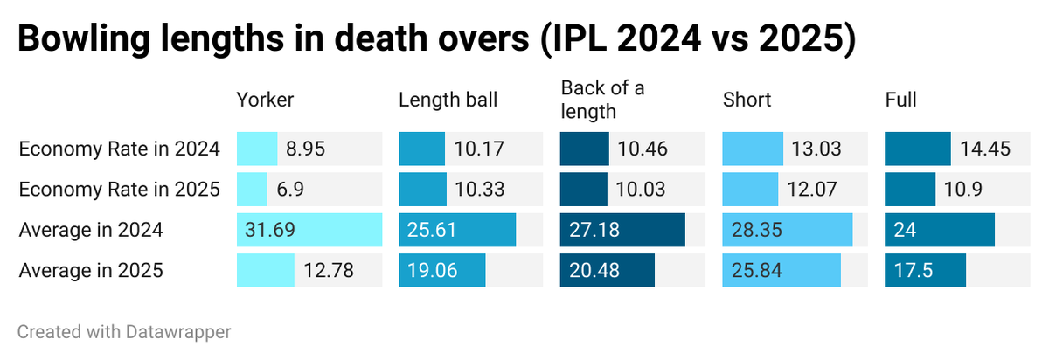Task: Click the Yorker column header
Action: point(265,100)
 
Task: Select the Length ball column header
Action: point(448,100)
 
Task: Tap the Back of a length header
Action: point(602,99)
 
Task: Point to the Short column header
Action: point(747,100)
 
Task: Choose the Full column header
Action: point(900,100)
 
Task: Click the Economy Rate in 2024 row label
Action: point(119,149)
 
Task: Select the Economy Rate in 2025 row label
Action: point(119,190)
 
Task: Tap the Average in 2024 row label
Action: point(91,231)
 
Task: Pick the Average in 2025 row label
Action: point(91,271)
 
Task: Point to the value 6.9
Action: point(291,190)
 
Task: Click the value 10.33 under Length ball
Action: point(479,190)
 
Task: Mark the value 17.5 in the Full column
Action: point(914,271)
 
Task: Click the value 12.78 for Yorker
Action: point(329,271)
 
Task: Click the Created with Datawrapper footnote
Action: point(124,332)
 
